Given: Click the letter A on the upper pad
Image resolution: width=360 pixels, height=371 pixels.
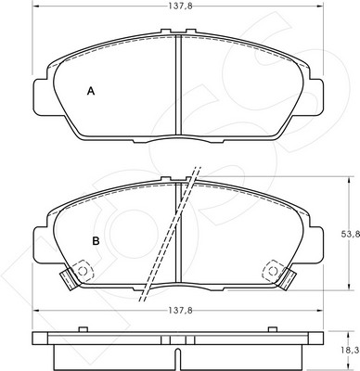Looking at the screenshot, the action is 91,91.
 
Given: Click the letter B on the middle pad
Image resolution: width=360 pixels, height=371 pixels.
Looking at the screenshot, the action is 96,241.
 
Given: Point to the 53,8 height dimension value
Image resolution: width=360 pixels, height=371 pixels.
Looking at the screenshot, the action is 353,235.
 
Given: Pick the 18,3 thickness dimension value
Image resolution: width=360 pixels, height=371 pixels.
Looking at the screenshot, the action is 353,351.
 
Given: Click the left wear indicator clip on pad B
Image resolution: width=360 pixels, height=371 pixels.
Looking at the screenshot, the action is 69,279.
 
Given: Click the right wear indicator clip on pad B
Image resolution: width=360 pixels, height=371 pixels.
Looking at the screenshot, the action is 288,279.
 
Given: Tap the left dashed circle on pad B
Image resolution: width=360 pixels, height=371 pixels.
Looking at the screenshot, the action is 83,272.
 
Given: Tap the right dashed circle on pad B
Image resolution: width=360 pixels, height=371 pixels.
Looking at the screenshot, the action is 273,272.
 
